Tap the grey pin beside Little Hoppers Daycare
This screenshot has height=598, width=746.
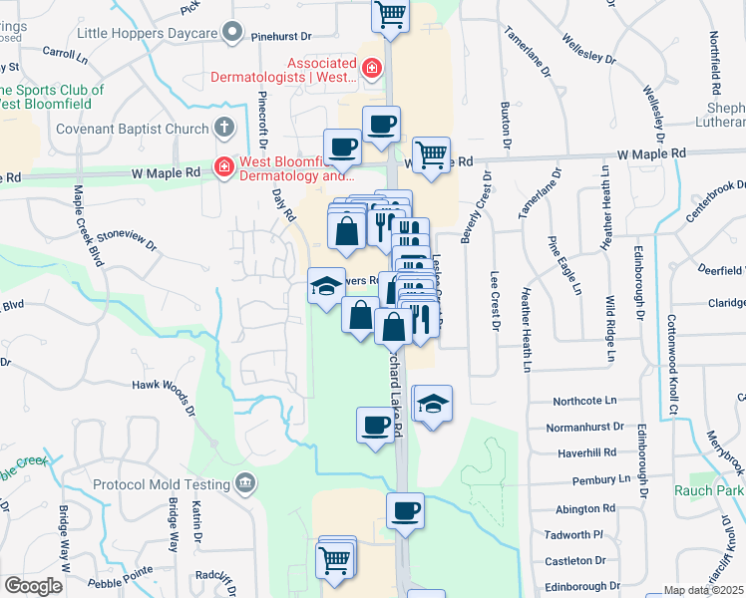coord(233,33)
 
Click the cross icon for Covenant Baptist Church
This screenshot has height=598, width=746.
coord(224,128)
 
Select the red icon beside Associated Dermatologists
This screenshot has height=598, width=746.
coord(371,68)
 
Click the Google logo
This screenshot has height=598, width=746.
coord(33,585)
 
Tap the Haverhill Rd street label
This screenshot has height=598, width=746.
coord(588,451)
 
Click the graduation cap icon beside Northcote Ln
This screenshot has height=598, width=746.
coord(432,405)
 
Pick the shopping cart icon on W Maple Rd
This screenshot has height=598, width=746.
coord(430,154)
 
